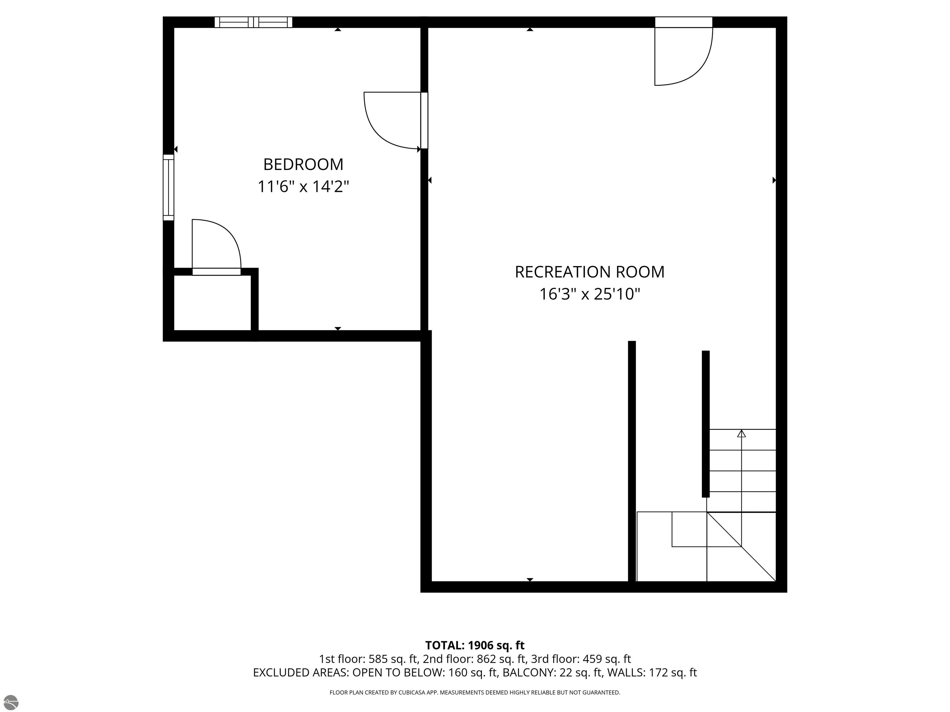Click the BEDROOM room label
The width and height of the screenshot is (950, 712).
[303, 164]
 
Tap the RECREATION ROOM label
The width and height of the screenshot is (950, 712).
[590, 272]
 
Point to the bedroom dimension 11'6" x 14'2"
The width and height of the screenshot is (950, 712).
[303, 187]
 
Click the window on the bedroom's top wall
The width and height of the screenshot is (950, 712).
[253, 22]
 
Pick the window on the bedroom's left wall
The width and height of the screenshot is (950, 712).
[168, 188]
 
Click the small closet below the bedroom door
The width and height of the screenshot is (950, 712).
[212, 303]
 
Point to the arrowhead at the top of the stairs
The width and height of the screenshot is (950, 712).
[741, 434]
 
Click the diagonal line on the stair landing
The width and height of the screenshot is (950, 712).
[741, 546]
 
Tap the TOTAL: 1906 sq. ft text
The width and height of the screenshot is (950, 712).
[475, 645]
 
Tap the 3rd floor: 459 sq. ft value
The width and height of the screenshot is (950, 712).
[581, 659]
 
